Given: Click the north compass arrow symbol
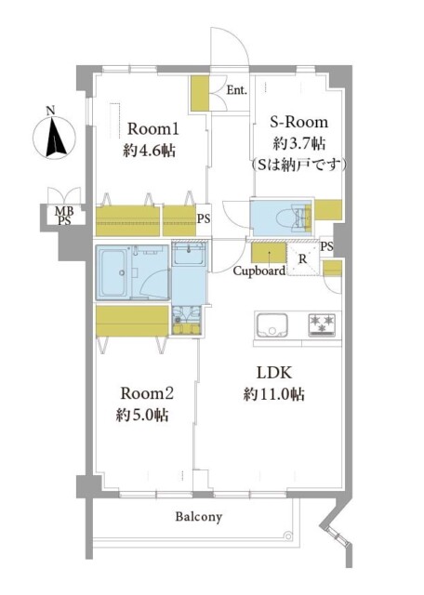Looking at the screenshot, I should (x=53, y=138).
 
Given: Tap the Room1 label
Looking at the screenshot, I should (x=152, y=128).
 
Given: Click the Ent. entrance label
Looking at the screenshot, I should (x=236, y=90).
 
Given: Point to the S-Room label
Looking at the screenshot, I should (x=298, y=123).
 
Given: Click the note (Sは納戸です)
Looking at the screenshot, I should (x=298, y=165).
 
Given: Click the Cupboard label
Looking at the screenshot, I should (x=258, y=271).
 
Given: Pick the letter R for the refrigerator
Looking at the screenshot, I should (x=301, y=259).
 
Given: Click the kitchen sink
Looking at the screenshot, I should (x=272, y=326).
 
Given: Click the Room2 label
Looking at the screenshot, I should (x=145, y=391).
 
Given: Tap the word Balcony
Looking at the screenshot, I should (x=198, y=517).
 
